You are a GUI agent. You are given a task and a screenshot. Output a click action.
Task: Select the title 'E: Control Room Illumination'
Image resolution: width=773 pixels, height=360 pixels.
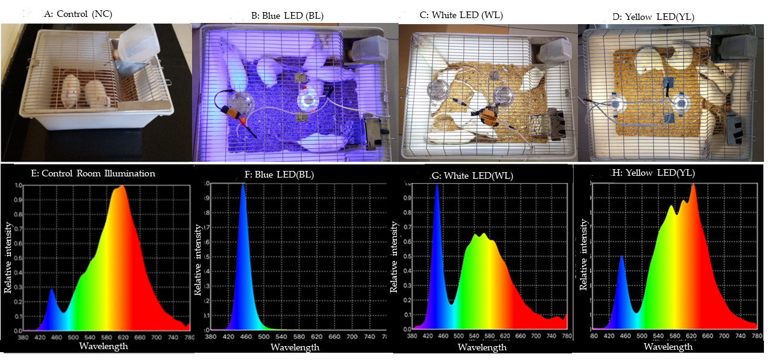point(92,173)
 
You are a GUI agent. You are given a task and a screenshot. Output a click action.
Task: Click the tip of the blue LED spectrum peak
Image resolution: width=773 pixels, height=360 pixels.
point(243,185)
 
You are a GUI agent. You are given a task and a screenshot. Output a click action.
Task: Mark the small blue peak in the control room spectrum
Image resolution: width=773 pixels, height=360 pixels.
point(51,291)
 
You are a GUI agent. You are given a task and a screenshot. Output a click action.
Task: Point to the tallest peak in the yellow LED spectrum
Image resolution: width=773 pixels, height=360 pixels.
point(693,185)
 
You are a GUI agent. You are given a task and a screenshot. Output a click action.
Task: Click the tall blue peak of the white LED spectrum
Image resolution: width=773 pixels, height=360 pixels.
point(436,185)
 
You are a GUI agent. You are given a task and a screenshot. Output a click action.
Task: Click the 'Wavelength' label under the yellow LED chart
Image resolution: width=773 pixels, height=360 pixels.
point(668,347)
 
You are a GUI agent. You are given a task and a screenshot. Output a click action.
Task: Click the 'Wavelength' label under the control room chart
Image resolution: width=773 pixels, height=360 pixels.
point(104,346)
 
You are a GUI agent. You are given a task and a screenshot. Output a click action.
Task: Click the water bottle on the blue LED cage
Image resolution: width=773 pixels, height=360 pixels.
point(369,48)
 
